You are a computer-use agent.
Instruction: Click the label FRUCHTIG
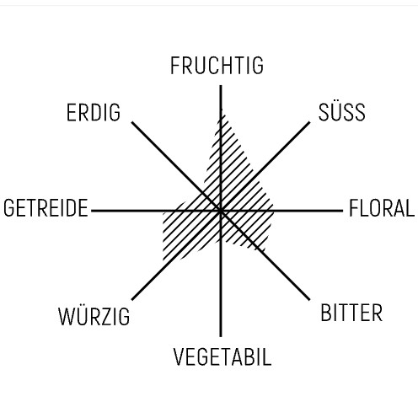(217, 66)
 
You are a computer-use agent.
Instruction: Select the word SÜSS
(341, 111)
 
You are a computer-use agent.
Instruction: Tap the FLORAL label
(382, 208)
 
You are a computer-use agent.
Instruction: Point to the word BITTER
(351, 313)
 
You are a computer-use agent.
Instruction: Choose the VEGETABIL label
(222, 356)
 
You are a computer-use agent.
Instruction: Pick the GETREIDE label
(46, 208)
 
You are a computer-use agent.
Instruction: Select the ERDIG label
(94, 112)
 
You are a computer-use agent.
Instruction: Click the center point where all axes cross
(221, 211)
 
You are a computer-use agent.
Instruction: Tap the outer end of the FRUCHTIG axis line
(221, 85)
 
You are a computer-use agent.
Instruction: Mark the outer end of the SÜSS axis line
(309, 122)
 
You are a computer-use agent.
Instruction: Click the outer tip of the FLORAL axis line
(343, 211)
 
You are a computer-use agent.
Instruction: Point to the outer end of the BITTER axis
(309, 300)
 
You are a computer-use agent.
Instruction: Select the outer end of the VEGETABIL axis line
(221, 336)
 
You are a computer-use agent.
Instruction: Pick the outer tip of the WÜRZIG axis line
(132, 299)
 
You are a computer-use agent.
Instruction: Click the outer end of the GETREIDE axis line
(92, 211)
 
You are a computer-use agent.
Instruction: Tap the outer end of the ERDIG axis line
(132, 122)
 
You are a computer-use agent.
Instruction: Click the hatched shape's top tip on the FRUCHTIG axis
(222, 110)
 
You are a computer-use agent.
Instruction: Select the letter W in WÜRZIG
(66, 316)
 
